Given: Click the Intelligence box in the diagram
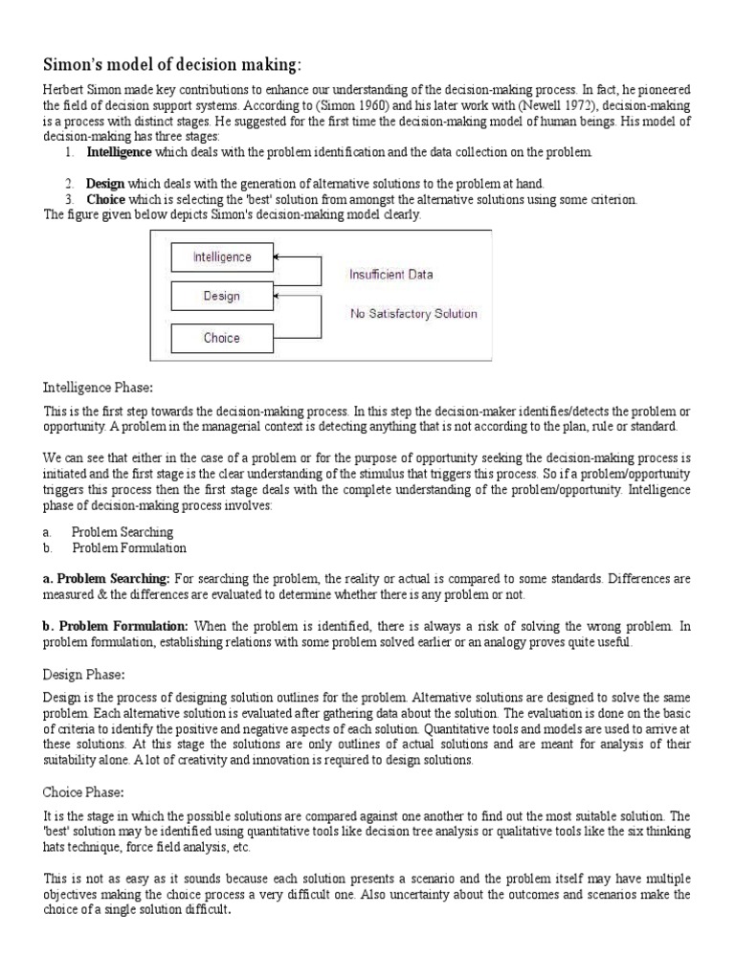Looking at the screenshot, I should click(222, 257).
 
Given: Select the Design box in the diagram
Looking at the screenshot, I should click(222, 297).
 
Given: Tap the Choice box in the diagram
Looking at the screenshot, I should click(222, 338).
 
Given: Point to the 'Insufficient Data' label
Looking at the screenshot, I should click(390, 275).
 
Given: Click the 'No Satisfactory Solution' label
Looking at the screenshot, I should click(413, 313).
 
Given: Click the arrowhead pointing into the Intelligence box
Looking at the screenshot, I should click(278, 257).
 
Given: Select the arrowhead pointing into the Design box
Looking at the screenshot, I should click(278, 297).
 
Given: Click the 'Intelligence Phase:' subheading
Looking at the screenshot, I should click(99, 388).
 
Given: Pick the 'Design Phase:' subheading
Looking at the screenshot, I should click(84, 674).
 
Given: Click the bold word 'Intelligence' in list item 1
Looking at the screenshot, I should click(120, 152).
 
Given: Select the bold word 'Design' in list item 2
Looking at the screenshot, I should click(105, 184).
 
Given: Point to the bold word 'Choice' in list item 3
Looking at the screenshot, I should click(105, 200).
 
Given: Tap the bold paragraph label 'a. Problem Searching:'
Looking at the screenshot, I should click(106, 579).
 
